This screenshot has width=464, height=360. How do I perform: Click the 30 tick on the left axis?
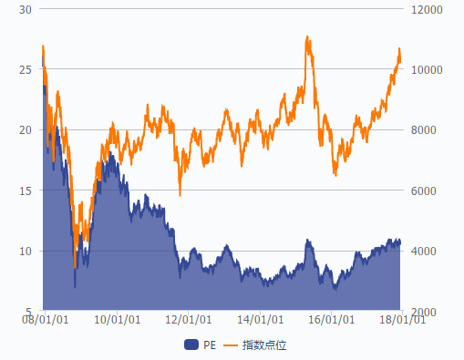tap(26, 10)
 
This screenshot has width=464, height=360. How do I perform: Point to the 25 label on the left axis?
tap(26, 70)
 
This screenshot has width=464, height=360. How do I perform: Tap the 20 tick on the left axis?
tap(26, 130)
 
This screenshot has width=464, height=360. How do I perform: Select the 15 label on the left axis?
tap(26, 190)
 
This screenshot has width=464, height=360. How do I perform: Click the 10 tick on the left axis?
tap(26, 251)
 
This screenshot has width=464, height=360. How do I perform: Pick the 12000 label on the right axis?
tap(427, 10)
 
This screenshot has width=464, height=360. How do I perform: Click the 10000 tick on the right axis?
tap(427, 70)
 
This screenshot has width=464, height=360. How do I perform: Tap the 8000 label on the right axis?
tap(424, 130)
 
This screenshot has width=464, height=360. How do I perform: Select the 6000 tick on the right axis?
tap(424, 190)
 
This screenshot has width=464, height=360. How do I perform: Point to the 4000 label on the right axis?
tap(424, 251)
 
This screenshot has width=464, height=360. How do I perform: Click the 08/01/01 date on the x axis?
tap(45, 320)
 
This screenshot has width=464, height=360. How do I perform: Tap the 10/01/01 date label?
tap(117, 320)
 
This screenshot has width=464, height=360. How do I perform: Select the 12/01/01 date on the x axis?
tap(189, 320)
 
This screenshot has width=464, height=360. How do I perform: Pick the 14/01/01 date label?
tap(260, 320)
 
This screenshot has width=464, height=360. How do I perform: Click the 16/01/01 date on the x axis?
tap(332, 320)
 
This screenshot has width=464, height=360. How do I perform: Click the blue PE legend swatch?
tap(191, 345)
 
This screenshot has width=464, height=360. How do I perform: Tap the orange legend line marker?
tap(231, 345)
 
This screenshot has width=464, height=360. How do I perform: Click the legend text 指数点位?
tap(264, 345)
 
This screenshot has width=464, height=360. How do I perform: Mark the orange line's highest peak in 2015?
tap(307, 36)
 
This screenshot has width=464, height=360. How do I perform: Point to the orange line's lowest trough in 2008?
tap(75, 267)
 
